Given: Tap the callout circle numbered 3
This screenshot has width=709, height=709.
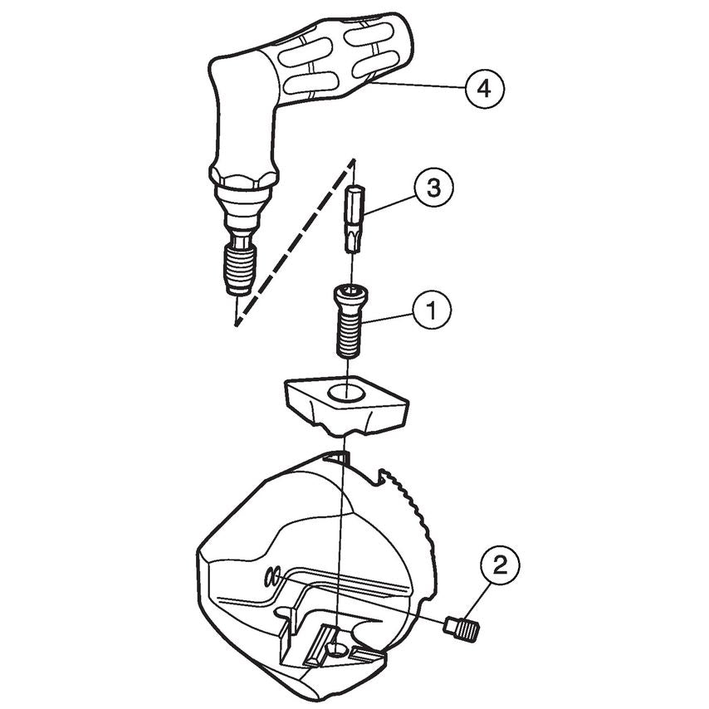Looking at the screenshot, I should (x=432, y=188).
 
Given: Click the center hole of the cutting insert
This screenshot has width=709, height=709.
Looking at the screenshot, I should (x=346, y=390).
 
